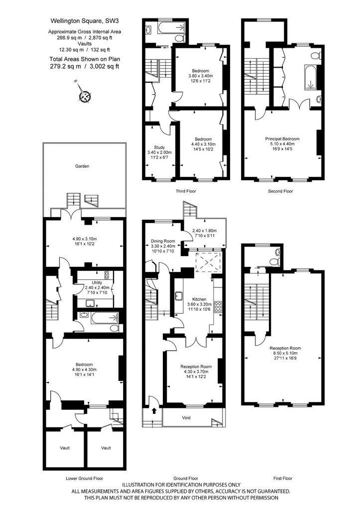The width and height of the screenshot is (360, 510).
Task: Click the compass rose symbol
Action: (x=85, y=96)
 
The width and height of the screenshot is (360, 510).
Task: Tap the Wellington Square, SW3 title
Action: (x=85, y=21)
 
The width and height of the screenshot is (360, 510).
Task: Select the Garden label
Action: (x=82, y=166)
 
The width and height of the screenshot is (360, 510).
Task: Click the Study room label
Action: (x=159, y=147)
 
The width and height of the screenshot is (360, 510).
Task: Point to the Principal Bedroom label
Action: (x=282, y=139)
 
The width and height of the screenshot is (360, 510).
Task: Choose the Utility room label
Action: (x=97, y=283)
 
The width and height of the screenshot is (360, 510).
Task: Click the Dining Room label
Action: (x=163, y=242)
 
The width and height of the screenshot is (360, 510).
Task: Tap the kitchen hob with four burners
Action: (x=218, y=307)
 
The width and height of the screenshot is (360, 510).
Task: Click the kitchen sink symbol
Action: (x=179, y=296)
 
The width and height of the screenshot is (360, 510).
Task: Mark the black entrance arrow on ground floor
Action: (x=154, y=410)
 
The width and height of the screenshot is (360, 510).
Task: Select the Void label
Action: (x=186, y=418)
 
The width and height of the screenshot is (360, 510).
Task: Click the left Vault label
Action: (x=65, y=448)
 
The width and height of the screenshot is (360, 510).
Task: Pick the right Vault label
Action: (x=106, y=448)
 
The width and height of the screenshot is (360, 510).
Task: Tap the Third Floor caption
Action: (x=186, y=191)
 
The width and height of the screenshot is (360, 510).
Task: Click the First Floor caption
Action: (x=283, y=479)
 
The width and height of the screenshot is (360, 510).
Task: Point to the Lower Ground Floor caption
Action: (x=85, y=479)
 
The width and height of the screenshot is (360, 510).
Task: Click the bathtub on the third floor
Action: (x=172, y=28)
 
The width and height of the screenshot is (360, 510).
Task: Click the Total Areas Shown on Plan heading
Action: (x=85, y=59)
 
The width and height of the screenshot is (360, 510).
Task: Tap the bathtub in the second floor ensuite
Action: (x=310, y=77)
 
